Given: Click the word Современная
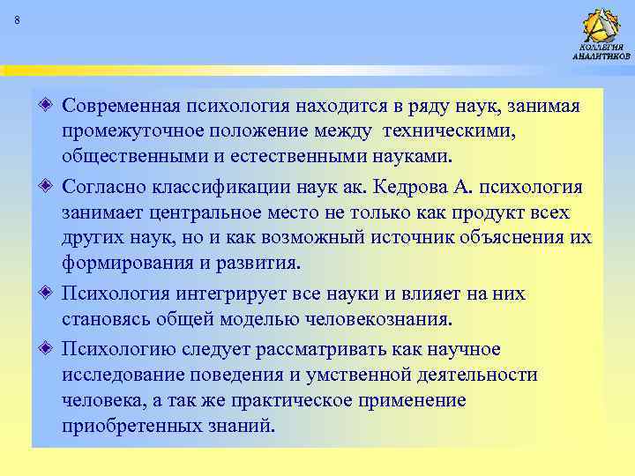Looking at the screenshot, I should pos(119,107).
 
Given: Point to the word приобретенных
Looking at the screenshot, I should pos(129,425).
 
